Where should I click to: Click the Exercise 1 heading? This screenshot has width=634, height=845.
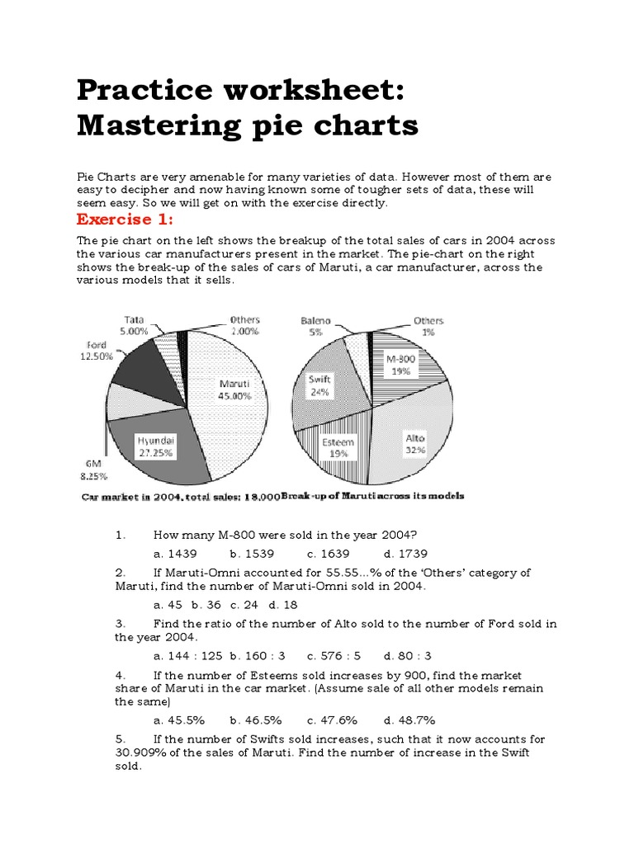128,220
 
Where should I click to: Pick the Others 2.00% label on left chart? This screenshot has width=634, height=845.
244,325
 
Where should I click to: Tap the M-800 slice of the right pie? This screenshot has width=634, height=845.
408,366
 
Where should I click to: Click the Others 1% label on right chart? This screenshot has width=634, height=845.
428,325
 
